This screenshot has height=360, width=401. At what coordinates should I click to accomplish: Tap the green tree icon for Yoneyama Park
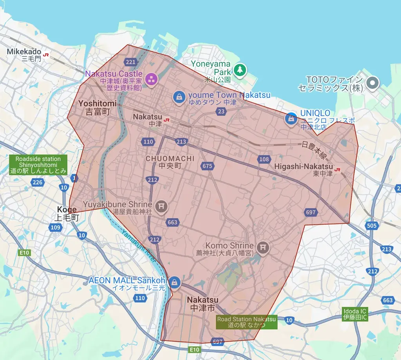240,70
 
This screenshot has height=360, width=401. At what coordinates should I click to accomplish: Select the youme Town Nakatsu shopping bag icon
179,97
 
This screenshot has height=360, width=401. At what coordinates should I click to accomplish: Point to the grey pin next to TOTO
373,82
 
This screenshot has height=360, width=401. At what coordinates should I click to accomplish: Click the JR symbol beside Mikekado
47,54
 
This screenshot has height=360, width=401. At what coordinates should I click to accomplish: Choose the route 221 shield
131,62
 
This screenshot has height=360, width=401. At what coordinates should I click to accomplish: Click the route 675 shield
207,166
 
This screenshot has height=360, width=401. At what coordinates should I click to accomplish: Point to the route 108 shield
264,159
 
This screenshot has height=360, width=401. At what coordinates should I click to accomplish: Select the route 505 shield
372,225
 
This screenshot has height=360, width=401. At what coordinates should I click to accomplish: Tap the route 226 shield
38,182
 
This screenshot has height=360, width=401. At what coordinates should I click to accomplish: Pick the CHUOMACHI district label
170,162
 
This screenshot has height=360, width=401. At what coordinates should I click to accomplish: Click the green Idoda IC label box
355,314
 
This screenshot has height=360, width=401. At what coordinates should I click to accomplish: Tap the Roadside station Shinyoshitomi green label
38,165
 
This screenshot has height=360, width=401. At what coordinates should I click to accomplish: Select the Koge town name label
67,213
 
